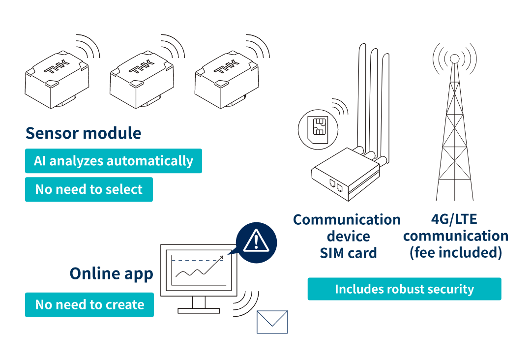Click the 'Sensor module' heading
click(x=83, y=133)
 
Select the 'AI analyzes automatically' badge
click(x=113, y=161)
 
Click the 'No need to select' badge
click(x=88, y=189)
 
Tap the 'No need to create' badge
click(x=89, y=305)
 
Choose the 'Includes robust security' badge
click(x=404, y=289)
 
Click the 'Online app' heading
click(x=111, y=273)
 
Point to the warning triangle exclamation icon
click(x=256, y=241)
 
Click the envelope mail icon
click(x=272, y=322)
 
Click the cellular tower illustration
click(x=455, y=128)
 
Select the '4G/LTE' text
click(x=455, y=219)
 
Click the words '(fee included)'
click(x=455, y=253)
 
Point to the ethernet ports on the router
click(x=336, y=185)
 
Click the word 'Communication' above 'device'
click(x=347, y=219)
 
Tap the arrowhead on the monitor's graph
click(x=227, y=255)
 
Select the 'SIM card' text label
click(x=348, y=253)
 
